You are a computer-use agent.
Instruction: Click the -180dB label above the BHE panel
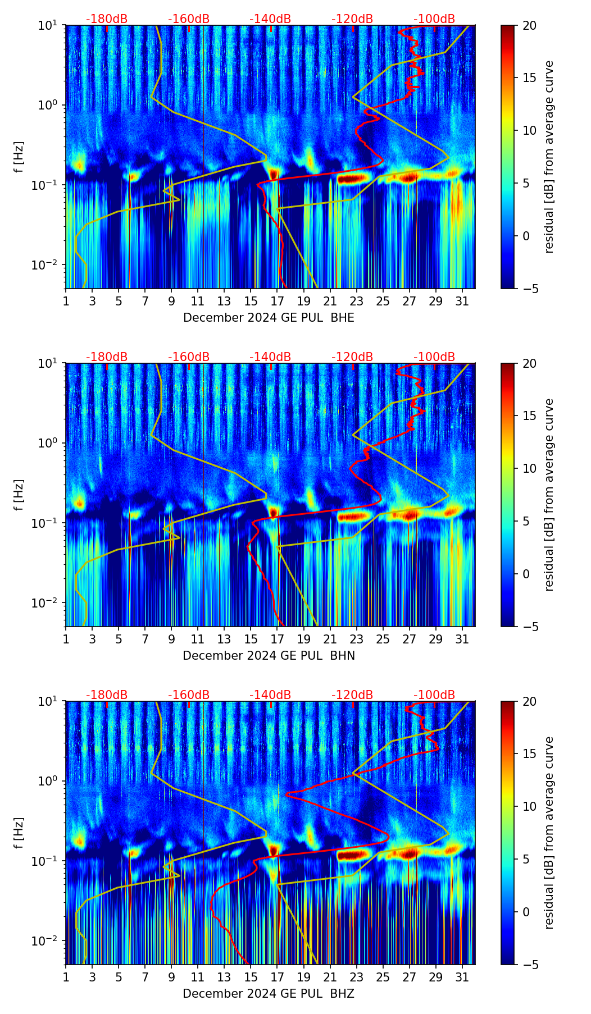(x=107, y=19)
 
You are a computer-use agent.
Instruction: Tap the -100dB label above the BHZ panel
(x=434, y=695)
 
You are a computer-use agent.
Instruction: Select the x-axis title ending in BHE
(x=269, y=318)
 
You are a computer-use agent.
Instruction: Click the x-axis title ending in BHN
(x=269, y=656)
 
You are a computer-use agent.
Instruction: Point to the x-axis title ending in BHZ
(x=269, y=994)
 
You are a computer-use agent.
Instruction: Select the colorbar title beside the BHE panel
(x=549, y=157)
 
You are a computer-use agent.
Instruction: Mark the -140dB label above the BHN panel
(x=270, y=357)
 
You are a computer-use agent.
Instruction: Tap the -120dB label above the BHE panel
(x=352, y=19)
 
